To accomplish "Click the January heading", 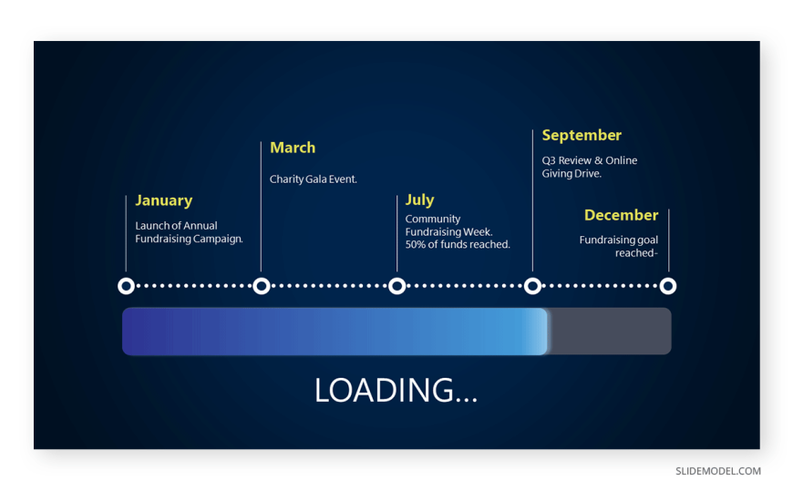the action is pyautogui.click(x=164, y=200).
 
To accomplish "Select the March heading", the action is pyautogui.click(x=293, y=148).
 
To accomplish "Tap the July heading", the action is pyautogui.click(x=420, y=199).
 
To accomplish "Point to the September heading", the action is pyautogui.click(x=582, y=136).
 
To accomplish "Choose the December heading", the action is pyautogui.click(x=621, y=215).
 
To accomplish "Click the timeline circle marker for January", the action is pyautogui.click(x=126, y=286).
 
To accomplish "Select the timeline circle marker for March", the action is pyautogui.click(x=262, y=286).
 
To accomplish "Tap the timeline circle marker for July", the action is pyautogui.click(x=397, y=286).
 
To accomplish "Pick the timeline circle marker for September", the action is pyautogui.click(x=532, y=286).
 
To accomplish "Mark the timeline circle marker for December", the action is pyautogui.click(x=668, y=286).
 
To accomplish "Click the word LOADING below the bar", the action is pyautogui.click(x=385, y=391).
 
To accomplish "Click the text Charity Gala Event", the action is pyautogui.click(x=313, y=179).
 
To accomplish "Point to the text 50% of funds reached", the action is pyautogui.click(x=458, y=245).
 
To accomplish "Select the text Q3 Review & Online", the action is pyautogui.click(x=589, y=160).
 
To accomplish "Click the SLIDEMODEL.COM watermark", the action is pyautogui.click(x=718, y=471).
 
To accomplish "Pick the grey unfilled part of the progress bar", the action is pyautogui.click(x=610, y=332).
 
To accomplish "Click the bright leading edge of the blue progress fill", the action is pyautogui.click(x=541, y=332).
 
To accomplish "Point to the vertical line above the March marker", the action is pyautogui.click(x=261, y=206).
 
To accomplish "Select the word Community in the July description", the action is pyautogui.click(x=432, y=220).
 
